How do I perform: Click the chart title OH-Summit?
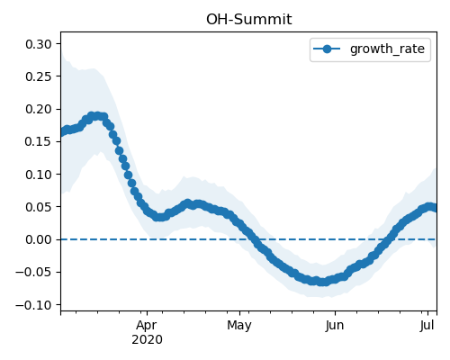pos(248,20)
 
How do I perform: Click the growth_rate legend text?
pos(387,49)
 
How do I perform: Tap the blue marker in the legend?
pos(327,49)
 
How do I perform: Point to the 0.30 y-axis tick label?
pos(39,44)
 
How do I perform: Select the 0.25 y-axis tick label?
pos(39,76)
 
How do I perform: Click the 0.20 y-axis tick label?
pos(39,109)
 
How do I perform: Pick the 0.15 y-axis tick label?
pos(39,141)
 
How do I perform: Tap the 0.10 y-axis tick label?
pos(39,175)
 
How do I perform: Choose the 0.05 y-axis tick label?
pos(39,207)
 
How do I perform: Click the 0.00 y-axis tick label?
pos(39,239)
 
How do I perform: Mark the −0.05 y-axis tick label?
pos(34,272)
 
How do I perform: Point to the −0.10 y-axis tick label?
pos(34,305)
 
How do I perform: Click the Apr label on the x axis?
pos(147,326)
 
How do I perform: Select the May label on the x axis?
pos(239,326)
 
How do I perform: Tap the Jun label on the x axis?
pos(335,325)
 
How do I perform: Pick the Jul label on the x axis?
pos(427,325)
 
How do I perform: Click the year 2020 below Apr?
pos(147,340)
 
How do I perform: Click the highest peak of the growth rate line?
pos(96,116)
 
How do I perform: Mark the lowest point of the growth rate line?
pos(322,282)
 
